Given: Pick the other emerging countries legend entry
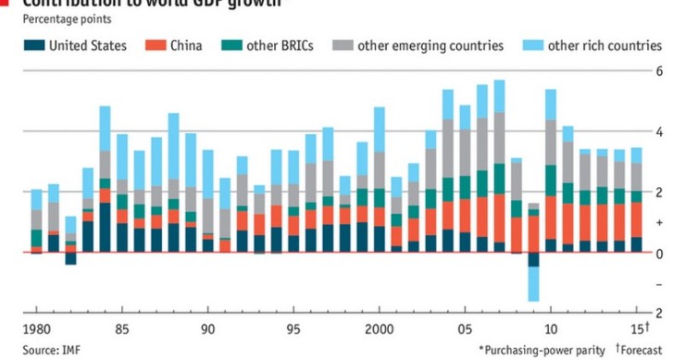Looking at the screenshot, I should pos(430,45).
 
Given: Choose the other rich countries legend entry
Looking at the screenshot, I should pos(604,45).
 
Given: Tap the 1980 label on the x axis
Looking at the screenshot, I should pos(37,329).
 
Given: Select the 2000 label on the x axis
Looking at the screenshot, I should pos(380,329).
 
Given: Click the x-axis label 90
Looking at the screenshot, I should pos(208,329).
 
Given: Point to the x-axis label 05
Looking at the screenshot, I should pos(466,329).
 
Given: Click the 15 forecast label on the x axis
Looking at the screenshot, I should pos(639,329).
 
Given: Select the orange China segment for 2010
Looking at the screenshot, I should pos(551,217).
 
